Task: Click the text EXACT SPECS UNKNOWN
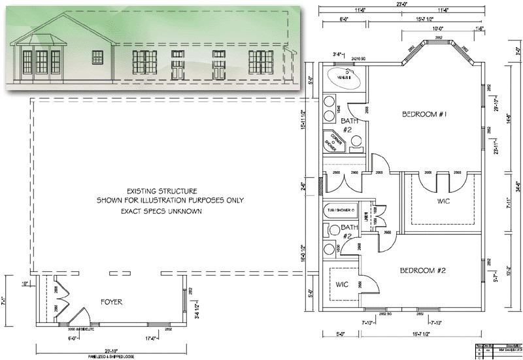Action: pos(161,212)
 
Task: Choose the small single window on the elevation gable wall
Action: pos(97,57)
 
